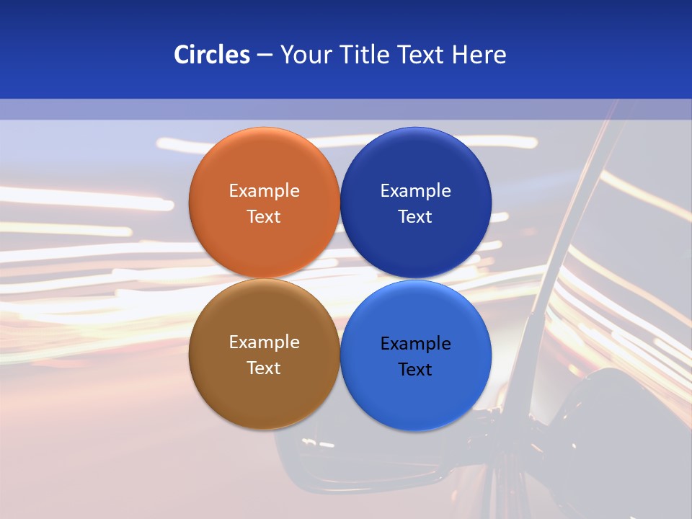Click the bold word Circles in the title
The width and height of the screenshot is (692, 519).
tap(212, 55)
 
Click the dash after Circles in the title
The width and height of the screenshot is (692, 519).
tap(265, 56)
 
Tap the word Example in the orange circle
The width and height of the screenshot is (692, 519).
tap(264, 190)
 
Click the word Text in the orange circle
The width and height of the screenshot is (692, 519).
tap(264, 216)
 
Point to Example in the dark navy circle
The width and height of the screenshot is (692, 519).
tap(415, 190)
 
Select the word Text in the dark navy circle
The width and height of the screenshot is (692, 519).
tap(415, 216)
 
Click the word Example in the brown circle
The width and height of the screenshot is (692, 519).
tap(264, 342)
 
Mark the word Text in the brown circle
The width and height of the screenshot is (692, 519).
tap(264, 368)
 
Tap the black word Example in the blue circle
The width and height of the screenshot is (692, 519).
tap(415, 343)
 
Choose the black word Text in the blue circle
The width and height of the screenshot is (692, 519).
tap(415, 369)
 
